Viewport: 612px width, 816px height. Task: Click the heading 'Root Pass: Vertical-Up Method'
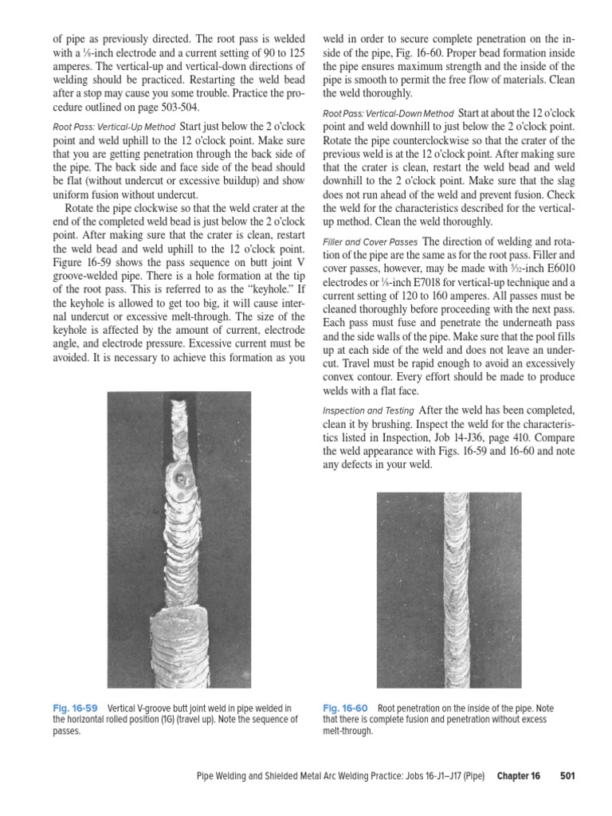pyautogui.click(x=113, y=127)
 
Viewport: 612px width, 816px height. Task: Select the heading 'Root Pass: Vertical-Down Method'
pyautogui.click(x=388, y=114)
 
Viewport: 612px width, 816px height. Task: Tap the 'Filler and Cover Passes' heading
pyautogui.click(x=370, y=242)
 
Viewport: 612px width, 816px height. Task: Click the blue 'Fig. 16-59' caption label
pyautogui.click(x=75, y=708)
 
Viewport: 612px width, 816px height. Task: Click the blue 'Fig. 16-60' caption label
pyautogui.click(x=345, y=708)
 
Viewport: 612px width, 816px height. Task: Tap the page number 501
pyautogui.click(x=567, y=776)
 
